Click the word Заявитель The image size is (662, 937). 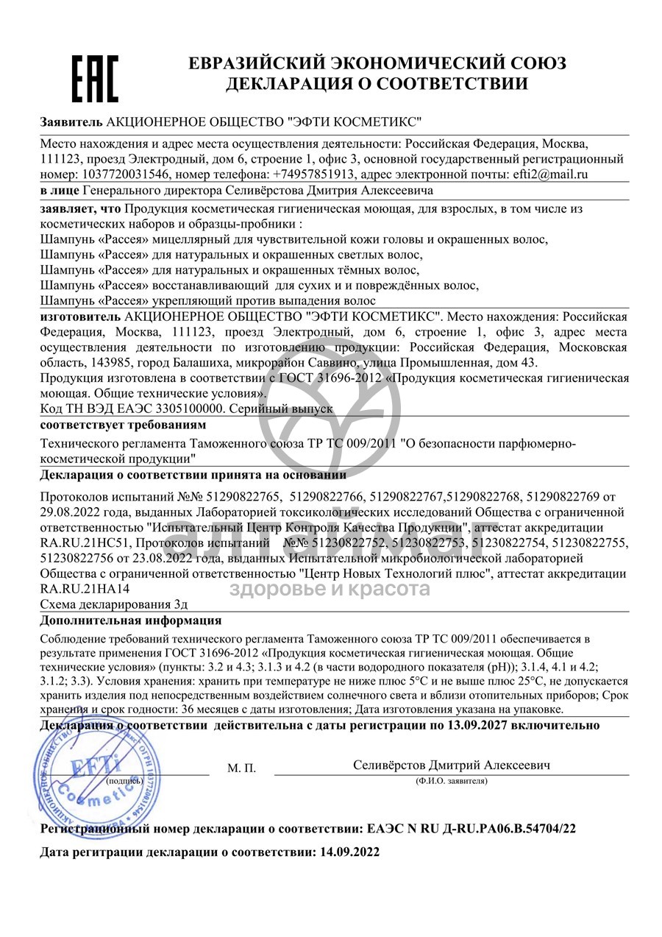(x=71, y=121)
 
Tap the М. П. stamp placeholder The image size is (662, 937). (x=242, y=768)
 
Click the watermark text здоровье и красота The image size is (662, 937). (x=330, y=589)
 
